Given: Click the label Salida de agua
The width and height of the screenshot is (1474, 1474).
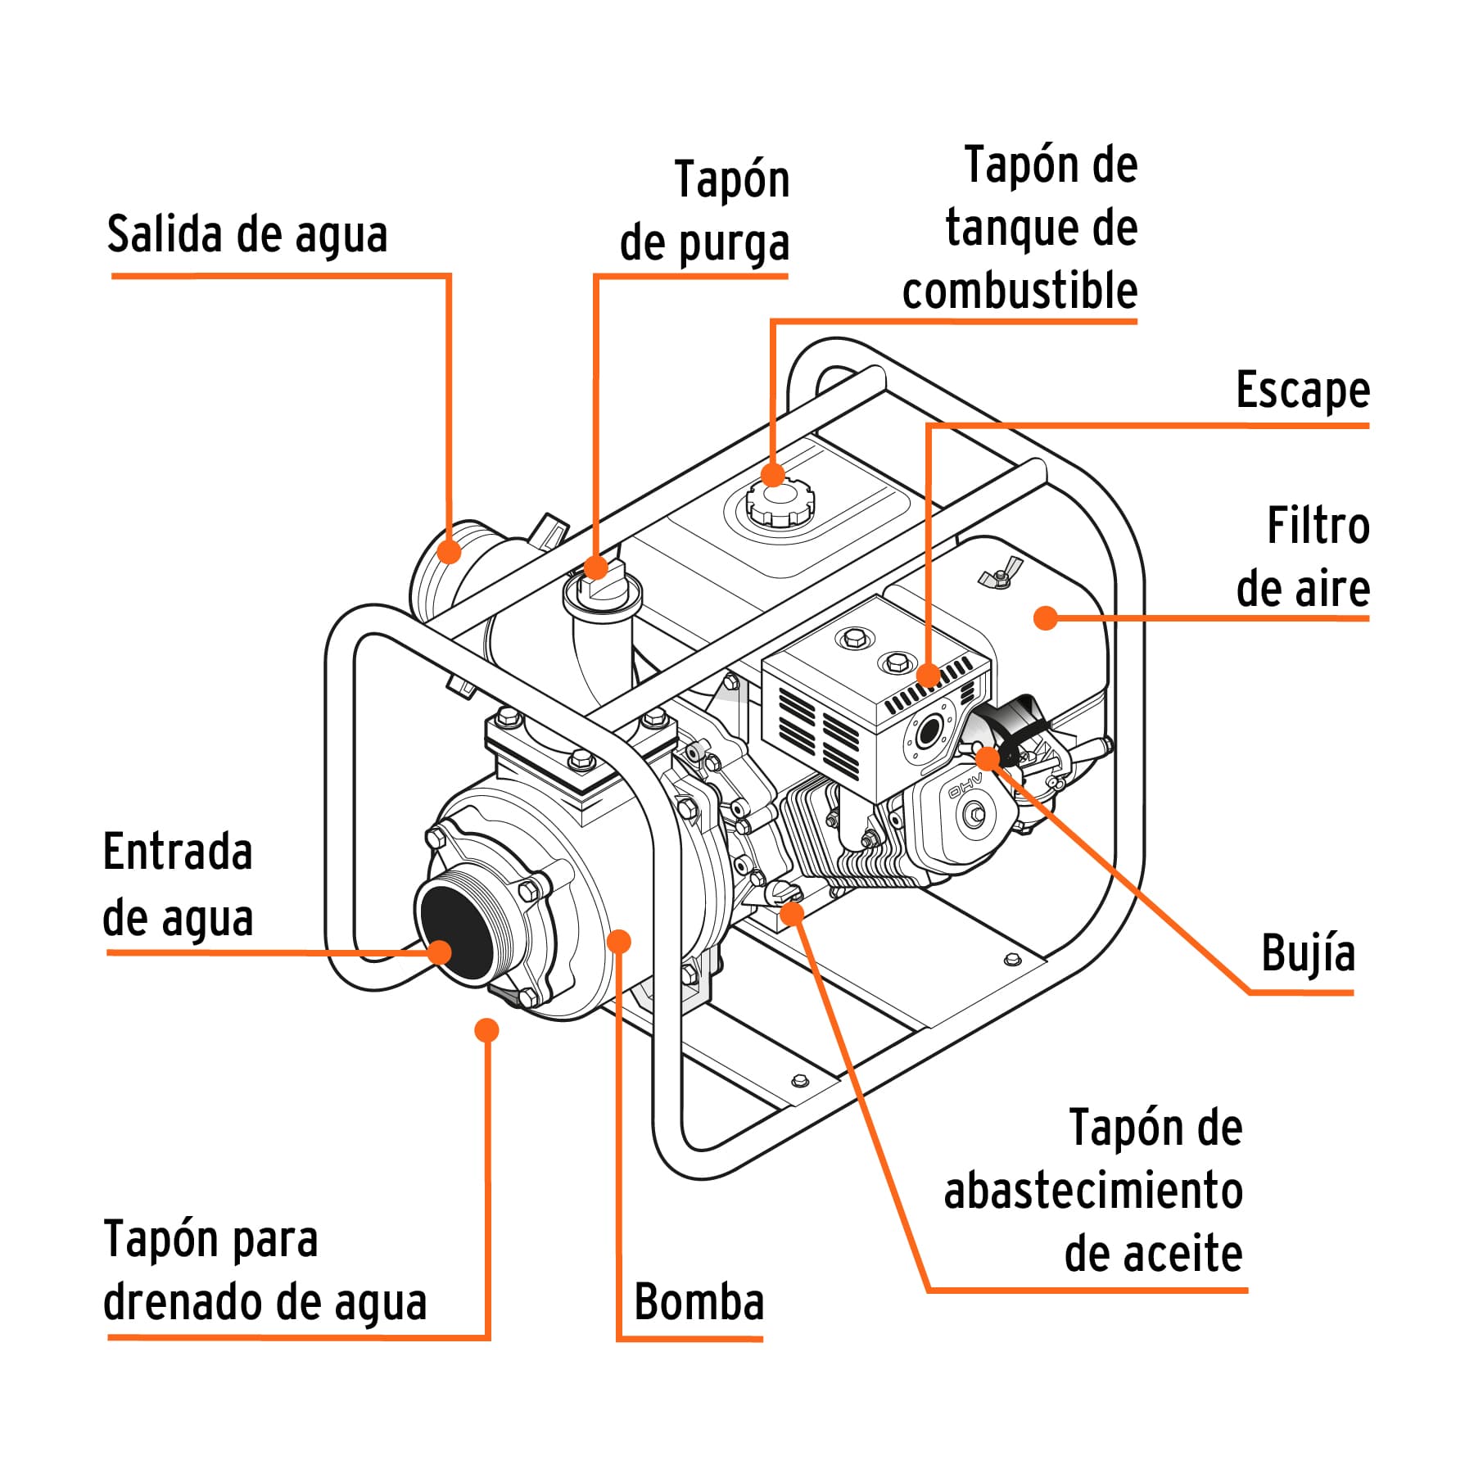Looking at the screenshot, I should click(x=246, y=236).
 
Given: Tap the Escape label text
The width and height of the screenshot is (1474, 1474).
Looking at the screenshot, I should click(x=1302, y=391).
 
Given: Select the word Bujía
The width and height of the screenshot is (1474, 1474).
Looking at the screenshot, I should click(x=1308, y=954).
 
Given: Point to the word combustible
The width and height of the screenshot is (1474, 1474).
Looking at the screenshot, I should click(x=1020, y=291).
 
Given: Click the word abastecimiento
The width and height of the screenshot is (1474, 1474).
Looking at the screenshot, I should click(x=1093, y=1191).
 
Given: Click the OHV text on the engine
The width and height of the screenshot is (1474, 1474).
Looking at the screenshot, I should click(x=964, y=784).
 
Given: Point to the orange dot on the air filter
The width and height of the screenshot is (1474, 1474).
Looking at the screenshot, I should click(x=1045, y=618).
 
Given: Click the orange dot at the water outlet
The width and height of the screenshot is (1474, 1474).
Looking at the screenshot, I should click(x=449, y=551).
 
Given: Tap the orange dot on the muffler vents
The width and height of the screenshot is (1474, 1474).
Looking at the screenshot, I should click(x=928, y=676).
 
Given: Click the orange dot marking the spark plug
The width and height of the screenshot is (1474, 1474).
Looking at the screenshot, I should click(x=988, y=758).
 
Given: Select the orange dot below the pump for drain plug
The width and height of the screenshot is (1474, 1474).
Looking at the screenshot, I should click(x=486, y=1030).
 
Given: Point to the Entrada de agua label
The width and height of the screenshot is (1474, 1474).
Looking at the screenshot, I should click(x=178, y=884).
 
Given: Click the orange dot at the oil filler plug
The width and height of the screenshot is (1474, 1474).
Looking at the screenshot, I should click(x=792, y=912).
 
